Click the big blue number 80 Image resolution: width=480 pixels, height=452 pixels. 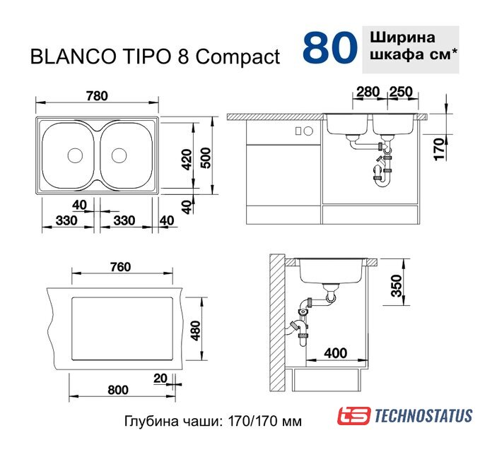tap(329, 47)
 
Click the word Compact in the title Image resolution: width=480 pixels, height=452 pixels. tap(238, 57)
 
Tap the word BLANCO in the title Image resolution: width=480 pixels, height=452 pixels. tap(73, 56)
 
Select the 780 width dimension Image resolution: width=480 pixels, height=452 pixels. tap(97, 96)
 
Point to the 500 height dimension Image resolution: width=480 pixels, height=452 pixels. tap(206, 157)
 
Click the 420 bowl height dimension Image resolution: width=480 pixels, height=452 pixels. tap(187, 160)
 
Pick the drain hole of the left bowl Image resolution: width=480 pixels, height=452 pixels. tap(75, 155)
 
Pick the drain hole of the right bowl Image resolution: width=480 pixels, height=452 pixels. tap(119, 155)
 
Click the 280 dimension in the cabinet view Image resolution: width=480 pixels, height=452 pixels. tap(368, 92)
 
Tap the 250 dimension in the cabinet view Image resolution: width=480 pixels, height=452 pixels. tap(401, 92)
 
